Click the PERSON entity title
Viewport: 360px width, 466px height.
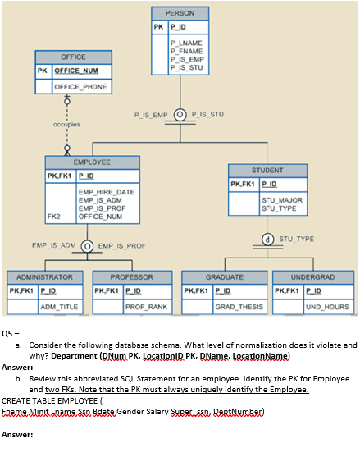pos(180,13)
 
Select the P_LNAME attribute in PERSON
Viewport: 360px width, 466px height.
pos(185,42)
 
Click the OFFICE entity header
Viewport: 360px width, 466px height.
pos(73,57)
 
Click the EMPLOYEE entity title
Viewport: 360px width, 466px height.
pos(92,162)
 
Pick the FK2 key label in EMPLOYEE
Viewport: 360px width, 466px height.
pos(55,217)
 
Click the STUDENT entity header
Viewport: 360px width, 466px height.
pos(267,170)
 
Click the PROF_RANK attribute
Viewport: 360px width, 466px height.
pos(146,307)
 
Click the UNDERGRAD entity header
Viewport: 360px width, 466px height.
pos(312,277)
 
